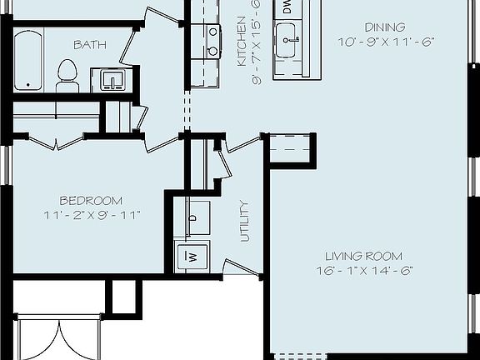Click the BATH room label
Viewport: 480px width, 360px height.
[x=89, y=44]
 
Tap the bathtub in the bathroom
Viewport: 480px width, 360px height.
[x=31, y=61]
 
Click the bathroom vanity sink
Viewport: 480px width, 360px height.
[x=112, y=80]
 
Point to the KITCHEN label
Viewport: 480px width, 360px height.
[x=242, y=41]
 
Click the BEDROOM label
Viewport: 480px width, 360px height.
[x=92, y=201]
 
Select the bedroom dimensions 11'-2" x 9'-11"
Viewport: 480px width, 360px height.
[x=92, y=215]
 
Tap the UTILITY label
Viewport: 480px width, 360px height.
[x=244, y=221]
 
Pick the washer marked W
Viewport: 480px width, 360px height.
[x=192, y=256]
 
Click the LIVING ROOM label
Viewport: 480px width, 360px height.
[x=363, y=256]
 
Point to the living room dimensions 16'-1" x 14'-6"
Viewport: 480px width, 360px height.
[x=363, y=270]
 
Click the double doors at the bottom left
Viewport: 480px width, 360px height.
[x=58, y=337]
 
